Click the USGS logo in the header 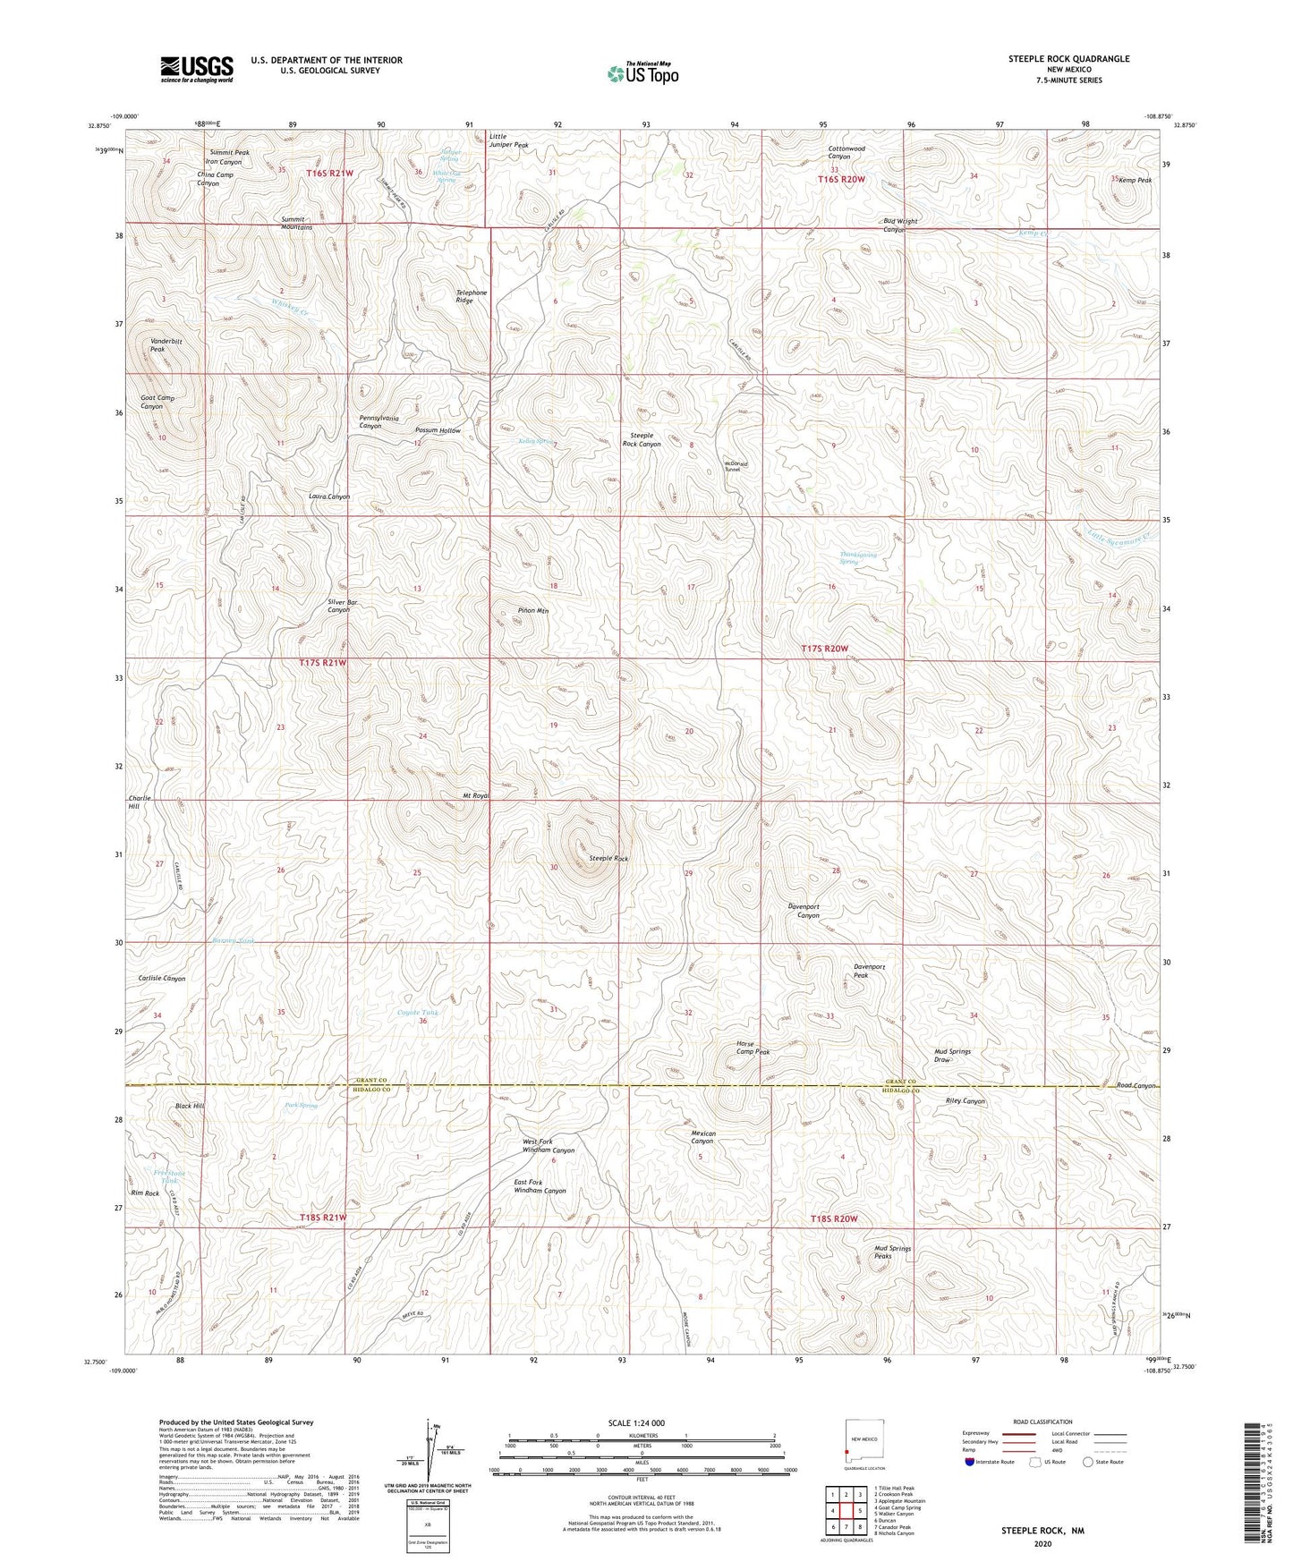pos(197,68)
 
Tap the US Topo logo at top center pos(642,73)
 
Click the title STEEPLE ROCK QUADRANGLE pos(1068,59)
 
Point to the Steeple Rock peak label pos(608,859)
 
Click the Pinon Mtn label pos(533,611)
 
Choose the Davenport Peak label pos(869,971)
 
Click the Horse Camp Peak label pos(753,1048)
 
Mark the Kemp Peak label pos(1135,181)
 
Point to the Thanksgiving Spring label pos(858,558)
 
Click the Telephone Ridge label pos(472,296)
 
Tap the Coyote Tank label pos(418,1013)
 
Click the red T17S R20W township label pos(824,648)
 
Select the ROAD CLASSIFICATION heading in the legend pos(1042,1422)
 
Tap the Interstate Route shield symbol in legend pos(971,1463)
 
